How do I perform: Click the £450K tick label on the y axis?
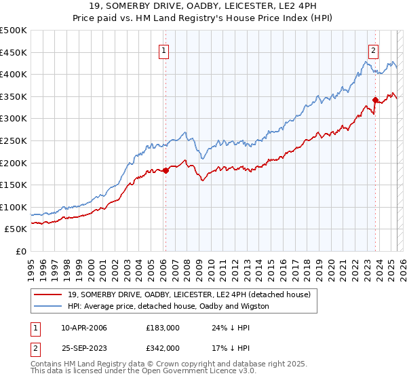point(14,52)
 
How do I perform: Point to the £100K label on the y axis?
point(14,207)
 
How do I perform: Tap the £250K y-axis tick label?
point(14,140)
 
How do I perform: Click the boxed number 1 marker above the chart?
point(164,50)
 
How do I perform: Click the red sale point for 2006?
point(166,170)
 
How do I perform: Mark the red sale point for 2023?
point(375,100)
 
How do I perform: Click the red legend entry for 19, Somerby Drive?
point(189,294)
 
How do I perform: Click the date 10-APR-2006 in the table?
point(83,328)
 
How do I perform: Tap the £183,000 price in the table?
point(163,328)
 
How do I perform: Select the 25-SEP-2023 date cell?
point(83,347)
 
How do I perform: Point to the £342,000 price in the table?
point(163,347)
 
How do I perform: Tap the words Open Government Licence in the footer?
point(191,373)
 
